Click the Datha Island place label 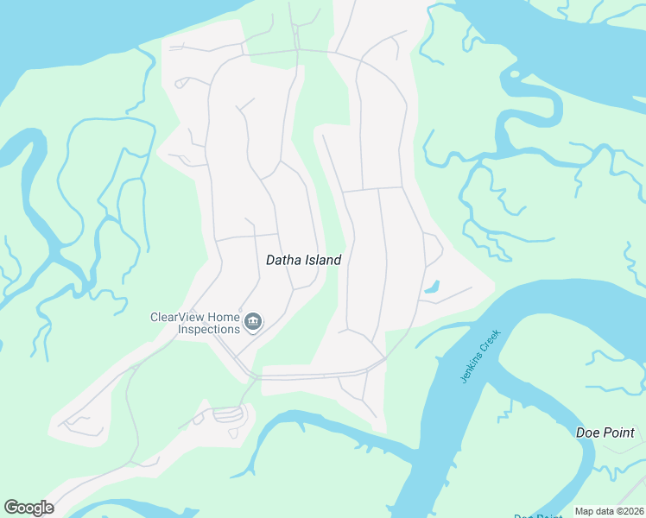[303, 260]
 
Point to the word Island [323, 260]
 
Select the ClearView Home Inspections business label [195, 323]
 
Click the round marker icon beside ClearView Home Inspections [253, 323]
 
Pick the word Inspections [208, 330]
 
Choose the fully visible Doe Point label [605, 433]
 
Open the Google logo [28, 508]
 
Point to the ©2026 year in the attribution [627, 511]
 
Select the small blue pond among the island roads [433, 286]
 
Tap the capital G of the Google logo [10, 508]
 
